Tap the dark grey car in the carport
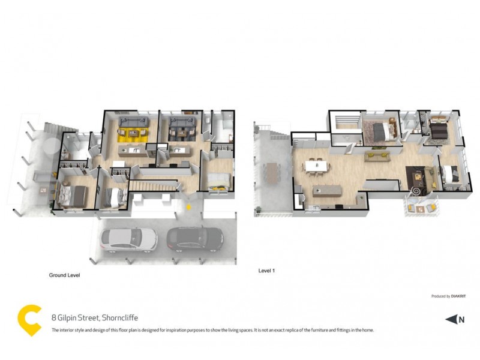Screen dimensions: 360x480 point(195,239)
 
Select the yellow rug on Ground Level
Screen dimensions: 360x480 point(132,134)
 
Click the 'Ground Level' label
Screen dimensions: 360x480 point(64,275)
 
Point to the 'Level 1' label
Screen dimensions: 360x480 point(266,271)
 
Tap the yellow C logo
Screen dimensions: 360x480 point(28,320)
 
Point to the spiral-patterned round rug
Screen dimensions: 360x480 point(415,191)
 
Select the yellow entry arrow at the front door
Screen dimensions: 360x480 point(190,207)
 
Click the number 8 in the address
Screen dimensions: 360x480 point(54,318)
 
